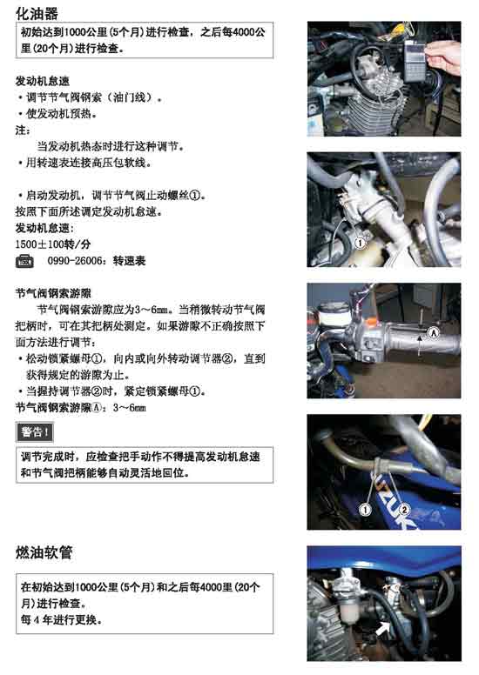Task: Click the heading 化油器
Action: pyautogui.click(x=37, y=13)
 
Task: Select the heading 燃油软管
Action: pyautogui.click(x=44, y=552)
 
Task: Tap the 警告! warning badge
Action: pyautogui.click(x=35, y=432)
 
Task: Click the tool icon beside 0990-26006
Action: pyautogui.click(x=24, y=261)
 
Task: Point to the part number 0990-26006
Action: pyautogui.click(x=75, y=261)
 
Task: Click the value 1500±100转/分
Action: pyautogui.click(x=53, y=244)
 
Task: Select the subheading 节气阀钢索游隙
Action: pyautogui.click(x=53, y=294)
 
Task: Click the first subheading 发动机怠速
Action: pyautogui.click(x=43, y=81)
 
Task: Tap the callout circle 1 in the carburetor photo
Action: pyautogui.click(x=360, y=244)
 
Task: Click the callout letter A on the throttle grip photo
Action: pyautogui.click(x=434, y=332)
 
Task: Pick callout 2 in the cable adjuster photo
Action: pyautogui.click(x=404, y=510)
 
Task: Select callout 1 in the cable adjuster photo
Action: pyautogui.click(x=365, y=510)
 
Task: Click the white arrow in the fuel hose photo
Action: pyautogui.click(x=384, y=628)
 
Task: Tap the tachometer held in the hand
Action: pyautogui.click(x=415, y=60)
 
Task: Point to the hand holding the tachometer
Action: pyautogui.click(x=443, y=58)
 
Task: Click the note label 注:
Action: pyautogui.click(x=23, y=130)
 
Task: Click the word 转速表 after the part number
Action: pyautogui.click(x=130, y=261)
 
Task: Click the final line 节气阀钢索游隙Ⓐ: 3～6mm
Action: pyautogui.click(x=81, y=407)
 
